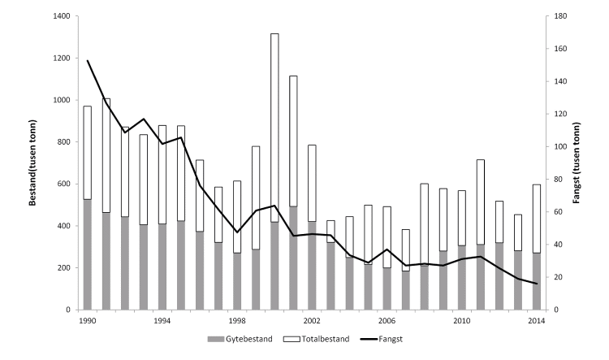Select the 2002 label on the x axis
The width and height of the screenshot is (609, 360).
click(311, 322)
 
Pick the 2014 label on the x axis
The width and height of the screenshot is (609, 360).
click(535, 322)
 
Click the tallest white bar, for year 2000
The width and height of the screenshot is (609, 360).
click(274, 122)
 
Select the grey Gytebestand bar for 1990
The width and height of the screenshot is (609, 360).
click(88, 254)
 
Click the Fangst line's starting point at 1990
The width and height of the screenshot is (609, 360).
click(88, 61)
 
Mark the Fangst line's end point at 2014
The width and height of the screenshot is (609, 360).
click(536, 284)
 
